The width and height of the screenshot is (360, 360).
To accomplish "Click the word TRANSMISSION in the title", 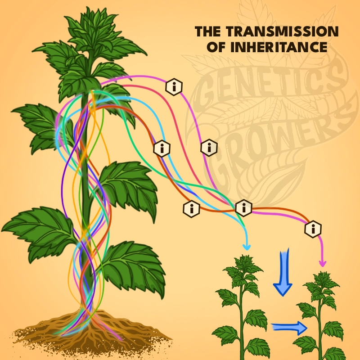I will [280, 32].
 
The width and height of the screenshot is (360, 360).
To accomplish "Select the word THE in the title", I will [207, 32].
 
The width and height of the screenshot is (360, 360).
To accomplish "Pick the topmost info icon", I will [174, 86].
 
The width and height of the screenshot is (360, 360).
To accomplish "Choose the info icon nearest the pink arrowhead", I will [313, 229].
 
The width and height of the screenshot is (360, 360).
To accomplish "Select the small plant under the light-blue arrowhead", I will [243, 306].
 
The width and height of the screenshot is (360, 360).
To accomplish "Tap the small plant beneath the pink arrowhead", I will [320, 315].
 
